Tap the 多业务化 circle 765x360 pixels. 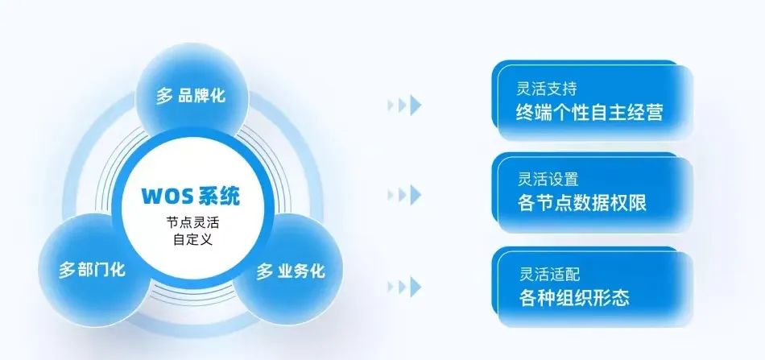(291, 271)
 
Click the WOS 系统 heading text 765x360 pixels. (191, 196)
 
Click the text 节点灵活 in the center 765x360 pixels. (191, 222)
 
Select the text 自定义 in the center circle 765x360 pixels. (191, 240)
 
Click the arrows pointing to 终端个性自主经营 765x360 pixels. (403, 104)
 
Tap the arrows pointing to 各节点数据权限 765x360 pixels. (403, 194)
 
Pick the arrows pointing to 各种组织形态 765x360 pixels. (403, 285)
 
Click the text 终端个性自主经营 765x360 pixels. (589, 112)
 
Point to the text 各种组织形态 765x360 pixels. (573, 296)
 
